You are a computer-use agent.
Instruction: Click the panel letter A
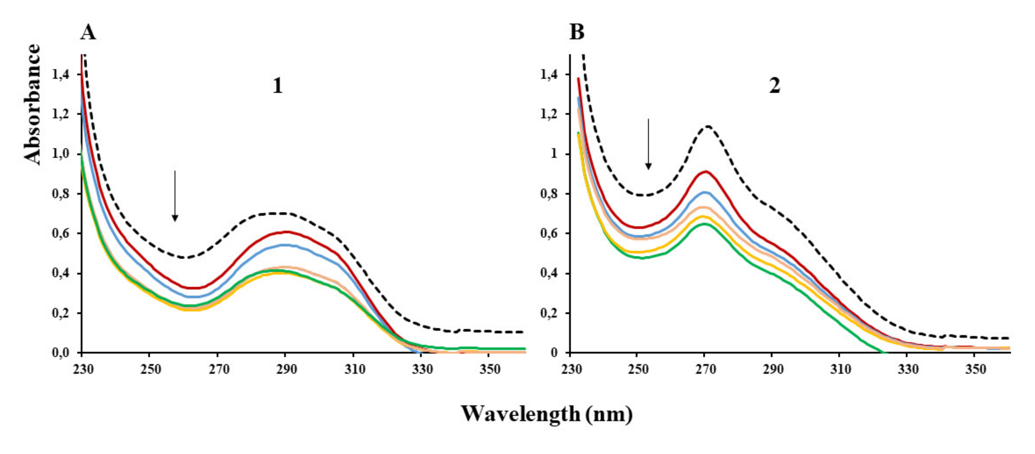88,33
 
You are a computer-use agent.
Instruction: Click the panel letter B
576,33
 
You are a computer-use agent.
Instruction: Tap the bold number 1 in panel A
278,86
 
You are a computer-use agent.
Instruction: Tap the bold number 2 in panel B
775,86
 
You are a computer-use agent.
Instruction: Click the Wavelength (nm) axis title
546,413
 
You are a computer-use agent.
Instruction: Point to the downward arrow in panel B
648,144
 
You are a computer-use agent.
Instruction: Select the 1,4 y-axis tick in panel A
61,75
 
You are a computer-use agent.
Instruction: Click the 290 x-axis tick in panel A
286,369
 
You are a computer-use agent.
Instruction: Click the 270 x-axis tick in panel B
706,369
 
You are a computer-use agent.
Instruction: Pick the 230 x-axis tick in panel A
83,369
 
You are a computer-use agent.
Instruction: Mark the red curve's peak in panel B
706,172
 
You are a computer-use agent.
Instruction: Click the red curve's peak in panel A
287,231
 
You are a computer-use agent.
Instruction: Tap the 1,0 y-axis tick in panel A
61,154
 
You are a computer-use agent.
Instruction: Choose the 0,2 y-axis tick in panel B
549,313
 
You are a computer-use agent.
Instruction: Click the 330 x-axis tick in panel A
422,369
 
